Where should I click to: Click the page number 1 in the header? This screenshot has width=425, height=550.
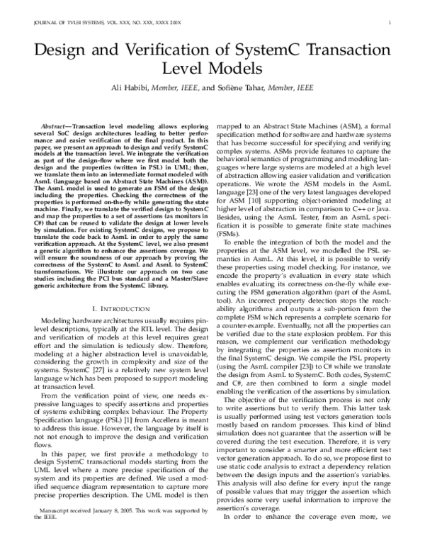click(390, 23)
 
